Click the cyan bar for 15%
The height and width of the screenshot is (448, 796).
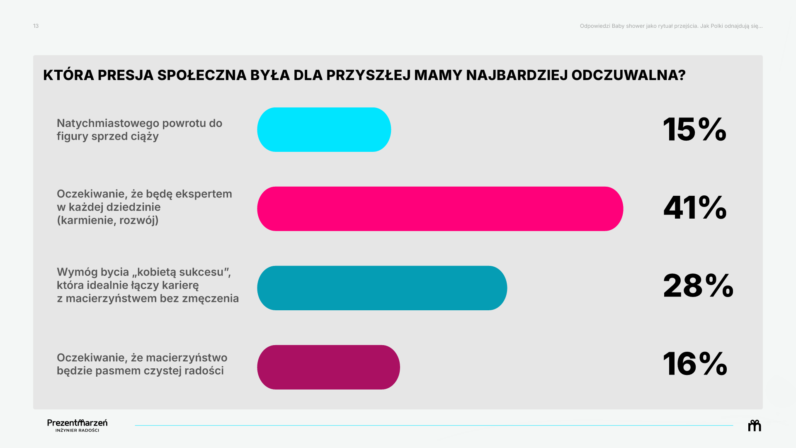324,129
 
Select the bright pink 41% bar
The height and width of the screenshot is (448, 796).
440,209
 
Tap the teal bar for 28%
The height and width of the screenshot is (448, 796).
382,288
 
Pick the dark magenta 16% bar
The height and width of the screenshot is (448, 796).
328,367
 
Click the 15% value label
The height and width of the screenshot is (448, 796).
695,129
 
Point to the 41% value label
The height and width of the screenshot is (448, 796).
695,207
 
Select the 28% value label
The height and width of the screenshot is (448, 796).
698,286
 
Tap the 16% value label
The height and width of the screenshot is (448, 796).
695,364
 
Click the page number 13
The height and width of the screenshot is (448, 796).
36,26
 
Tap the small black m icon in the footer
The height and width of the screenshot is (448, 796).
755,426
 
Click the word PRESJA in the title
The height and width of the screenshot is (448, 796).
126,75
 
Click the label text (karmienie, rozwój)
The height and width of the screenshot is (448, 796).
108,220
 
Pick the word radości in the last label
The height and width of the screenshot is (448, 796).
204,370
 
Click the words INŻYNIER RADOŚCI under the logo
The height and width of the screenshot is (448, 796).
78,431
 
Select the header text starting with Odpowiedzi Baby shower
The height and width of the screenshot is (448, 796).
671,26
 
